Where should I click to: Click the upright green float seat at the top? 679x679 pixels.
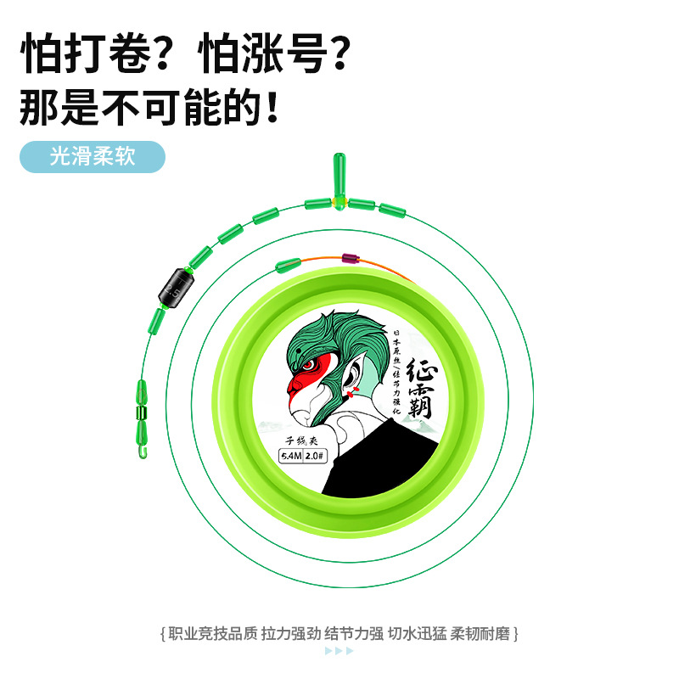338,173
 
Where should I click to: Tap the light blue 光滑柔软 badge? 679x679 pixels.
92,157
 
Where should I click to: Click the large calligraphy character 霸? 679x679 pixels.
418,401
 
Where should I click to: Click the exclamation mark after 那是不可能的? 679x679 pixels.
272,109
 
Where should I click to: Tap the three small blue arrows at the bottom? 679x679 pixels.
339,651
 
